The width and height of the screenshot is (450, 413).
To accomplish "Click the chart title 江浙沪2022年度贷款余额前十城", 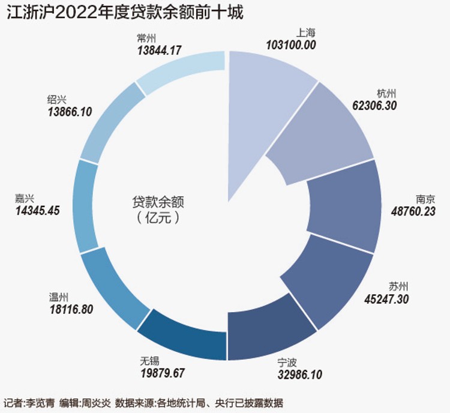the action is pos(125,13).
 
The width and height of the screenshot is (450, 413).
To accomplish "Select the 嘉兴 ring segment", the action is pos(86,206).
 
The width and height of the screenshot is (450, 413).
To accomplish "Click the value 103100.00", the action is pos(291,45).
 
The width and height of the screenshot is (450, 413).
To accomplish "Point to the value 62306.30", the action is pos(374,106).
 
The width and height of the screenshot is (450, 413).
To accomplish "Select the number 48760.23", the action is pos(413,211).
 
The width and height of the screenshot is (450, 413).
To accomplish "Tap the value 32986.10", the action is pos(300,374).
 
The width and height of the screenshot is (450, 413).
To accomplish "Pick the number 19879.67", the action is pos(163,373).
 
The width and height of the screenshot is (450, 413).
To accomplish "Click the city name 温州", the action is pos(59,298).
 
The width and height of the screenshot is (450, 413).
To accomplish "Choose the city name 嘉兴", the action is pos(25,199).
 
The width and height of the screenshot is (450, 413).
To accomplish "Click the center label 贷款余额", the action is pos(158,202).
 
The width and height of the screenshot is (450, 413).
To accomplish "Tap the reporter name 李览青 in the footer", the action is pos(40,403).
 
